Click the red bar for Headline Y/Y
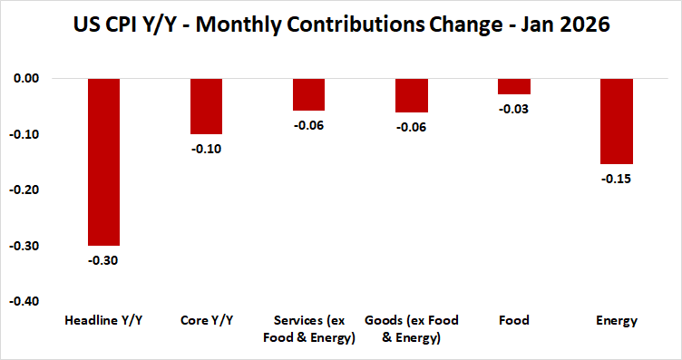pyautogui.click(x=103, y=161)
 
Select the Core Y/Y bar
pyautogui.click(x=206, y=106)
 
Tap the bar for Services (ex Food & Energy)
pyautogui.click(x=308, y=94)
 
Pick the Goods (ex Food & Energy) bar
pyautogui.click(x=411, y=95)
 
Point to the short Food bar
pyautogui.click(x=513, y=86)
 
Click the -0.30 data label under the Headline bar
pyautogui.click(x=103, y=259)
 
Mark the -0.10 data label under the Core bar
pyautogui.click(x=206, y=148)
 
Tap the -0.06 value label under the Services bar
pyautogui.click(x=308, y=125)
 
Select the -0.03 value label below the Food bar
pyautogui.click(x=513, y=109)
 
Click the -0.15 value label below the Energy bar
pyautogui.click(x=616, y=179)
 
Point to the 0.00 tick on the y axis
pyautogui.click(x=26, y=79)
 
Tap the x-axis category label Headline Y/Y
pyautogui.click(x=103, y=321)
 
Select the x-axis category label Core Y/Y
pyautogui.click(x=206, y=321)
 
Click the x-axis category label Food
pyautogui.click(x=513, y=321)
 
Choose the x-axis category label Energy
pyautogui.click(x=616, y=321)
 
